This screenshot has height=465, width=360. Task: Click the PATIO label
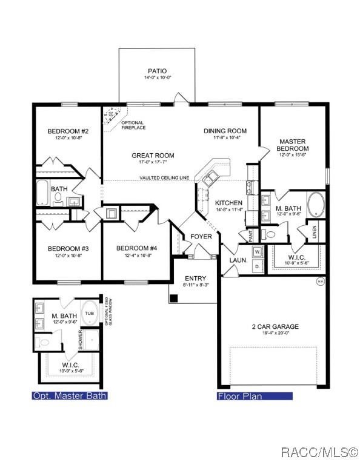point(158,70)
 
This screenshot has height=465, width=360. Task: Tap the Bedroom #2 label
point(68,131)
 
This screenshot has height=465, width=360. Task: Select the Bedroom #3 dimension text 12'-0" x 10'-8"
point(68,256)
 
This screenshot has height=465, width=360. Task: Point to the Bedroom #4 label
point(136,248)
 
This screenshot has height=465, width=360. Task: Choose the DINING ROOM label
point(225,131)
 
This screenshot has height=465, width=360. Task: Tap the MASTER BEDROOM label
point(293,145)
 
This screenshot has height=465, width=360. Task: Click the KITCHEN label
point(228,203)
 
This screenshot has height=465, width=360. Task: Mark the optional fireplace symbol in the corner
point(112,116)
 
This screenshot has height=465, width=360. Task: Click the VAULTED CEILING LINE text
point(164,178)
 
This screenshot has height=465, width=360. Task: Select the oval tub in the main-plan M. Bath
point(316,205)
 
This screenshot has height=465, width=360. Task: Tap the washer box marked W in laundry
point(256,251)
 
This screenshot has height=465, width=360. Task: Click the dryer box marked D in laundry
point(256,265)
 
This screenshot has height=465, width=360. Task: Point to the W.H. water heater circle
point(320,281)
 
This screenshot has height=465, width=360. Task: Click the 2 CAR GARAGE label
point(275,326)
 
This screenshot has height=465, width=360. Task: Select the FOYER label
point(201,236)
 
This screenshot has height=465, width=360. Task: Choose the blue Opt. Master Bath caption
point(70,396)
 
